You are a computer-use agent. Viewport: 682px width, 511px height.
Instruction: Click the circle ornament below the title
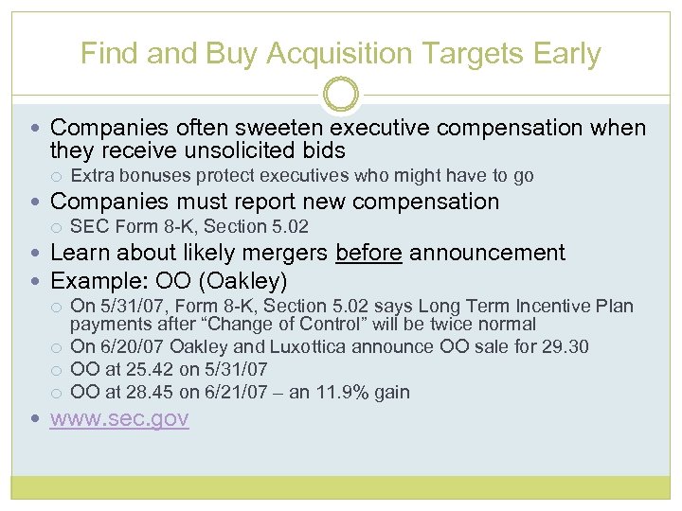click(x=341, y=95)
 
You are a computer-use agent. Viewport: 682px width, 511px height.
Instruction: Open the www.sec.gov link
click(x=119, y=418)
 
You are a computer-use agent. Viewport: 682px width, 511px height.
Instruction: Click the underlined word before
click(x=368, y=253)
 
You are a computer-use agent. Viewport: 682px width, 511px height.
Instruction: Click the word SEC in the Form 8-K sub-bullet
click(x=90, y=227)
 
